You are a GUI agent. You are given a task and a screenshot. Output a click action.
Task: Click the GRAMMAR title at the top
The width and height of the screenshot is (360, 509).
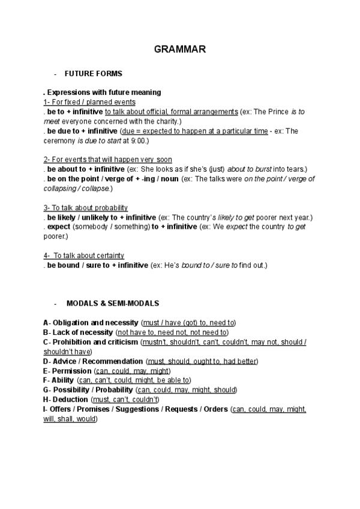click(x=180, y=50)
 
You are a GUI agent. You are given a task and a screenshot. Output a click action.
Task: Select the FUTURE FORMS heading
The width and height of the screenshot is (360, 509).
click(x=93, y=74)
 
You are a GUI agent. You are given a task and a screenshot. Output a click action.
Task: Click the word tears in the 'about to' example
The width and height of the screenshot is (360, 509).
click(x=294, y=169)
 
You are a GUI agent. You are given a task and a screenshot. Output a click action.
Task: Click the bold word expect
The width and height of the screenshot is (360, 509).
click(x=58, y=226)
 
